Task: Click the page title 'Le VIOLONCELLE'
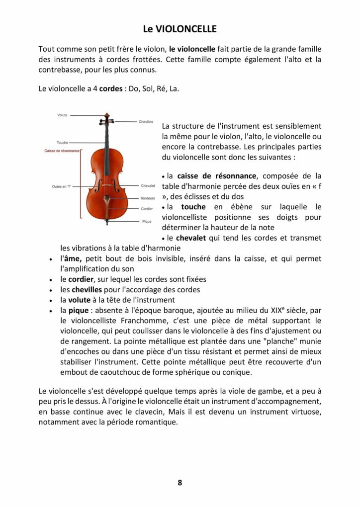[x=180, y=29]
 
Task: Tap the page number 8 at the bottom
[x=180, y=483]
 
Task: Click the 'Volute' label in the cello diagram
[x=62, y=115]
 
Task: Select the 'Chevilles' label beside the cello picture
[x=146, y=122]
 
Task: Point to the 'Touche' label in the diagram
[x=62, y=143]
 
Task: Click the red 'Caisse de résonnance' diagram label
[x=62, y=150]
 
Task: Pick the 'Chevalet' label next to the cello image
[x=148, y=186]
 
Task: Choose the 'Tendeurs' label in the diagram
[x=148, y=198]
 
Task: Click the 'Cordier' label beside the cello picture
[x=147, y=209]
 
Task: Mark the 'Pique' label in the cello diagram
[x=147, y=221]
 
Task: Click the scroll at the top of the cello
[x=106, y=118]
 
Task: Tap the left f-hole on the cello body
[x=98, y=188]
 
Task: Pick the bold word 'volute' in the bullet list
[x=79, y=300]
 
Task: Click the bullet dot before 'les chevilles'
[x=51, y=290]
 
